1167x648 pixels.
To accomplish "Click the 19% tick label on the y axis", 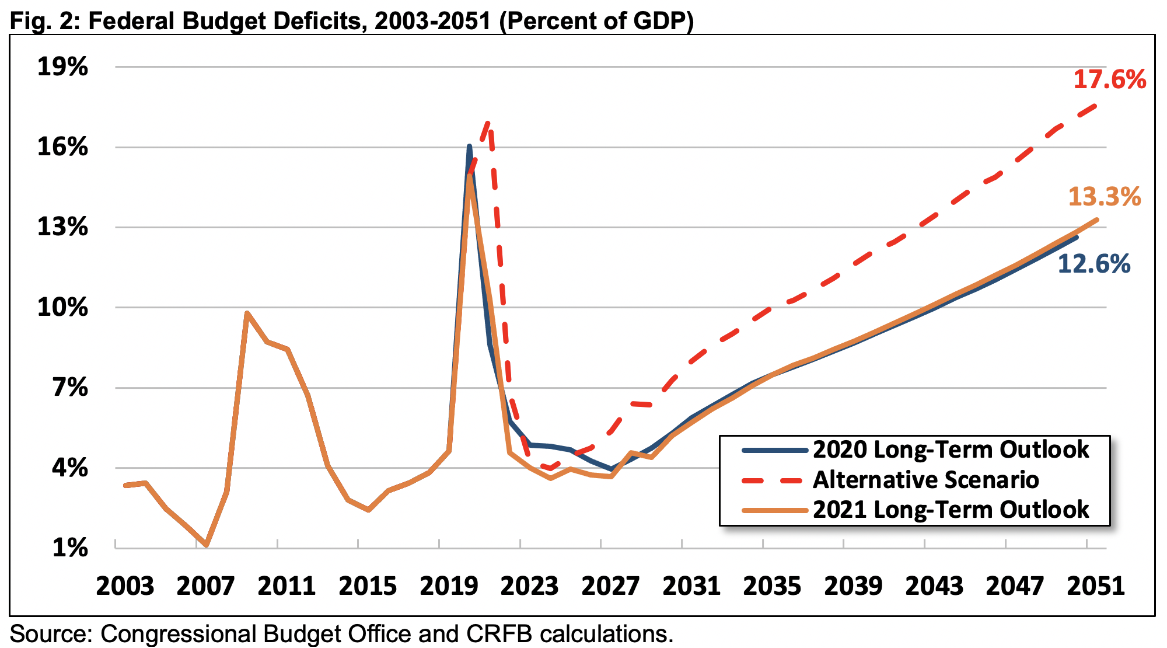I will click(62, 67).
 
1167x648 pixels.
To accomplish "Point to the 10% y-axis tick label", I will click(62, 307).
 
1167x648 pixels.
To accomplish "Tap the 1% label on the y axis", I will click(70, 548).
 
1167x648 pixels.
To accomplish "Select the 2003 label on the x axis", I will click(125, 586).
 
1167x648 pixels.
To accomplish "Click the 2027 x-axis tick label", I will click(610, 586).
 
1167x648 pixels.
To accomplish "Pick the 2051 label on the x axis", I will click(1096, 586).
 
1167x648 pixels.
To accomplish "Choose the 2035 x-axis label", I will click(772, 586).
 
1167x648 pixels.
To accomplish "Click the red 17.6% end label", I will click(1109, 79).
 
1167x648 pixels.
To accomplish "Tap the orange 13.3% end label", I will click(1104, 197).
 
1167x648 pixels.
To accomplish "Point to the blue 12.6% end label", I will click(1093, 264).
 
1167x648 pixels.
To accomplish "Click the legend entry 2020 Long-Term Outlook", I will click(951, 450).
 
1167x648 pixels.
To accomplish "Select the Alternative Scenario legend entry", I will click(925, 480).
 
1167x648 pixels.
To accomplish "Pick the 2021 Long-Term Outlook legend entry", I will click(951, 510).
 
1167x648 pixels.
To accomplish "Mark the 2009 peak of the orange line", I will click(247, 313).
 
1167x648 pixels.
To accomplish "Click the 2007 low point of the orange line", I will click(207, 545).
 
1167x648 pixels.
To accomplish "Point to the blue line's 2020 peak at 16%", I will click(469, 147).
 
